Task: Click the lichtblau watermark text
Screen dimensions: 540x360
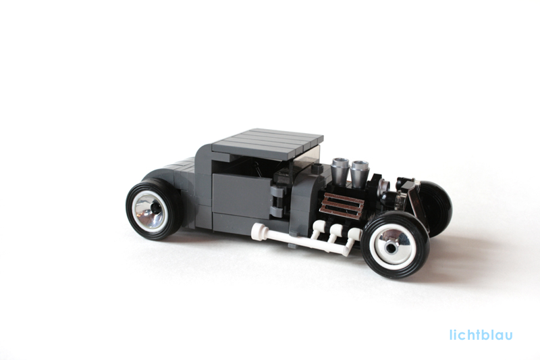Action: [x=481, y=334]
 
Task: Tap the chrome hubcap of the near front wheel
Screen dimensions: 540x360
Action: [x=391, y=245]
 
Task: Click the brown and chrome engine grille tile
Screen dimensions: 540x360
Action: [x=342, y=205]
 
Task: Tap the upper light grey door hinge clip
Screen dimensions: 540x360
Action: [x=278, y=192]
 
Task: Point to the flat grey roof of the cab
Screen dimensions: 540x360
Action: [x=268, y=142]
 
